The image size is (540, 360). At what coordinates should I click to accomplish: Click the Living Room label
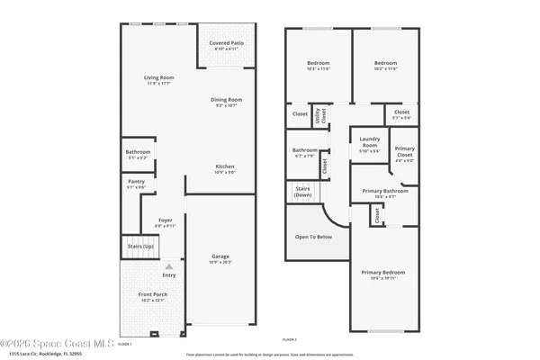tap(159, 78)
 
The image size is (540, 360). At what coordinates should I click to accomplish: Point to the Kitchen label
tap(225, 167)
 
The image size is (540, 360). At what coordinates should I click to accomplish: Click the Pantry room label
tap(136, 181)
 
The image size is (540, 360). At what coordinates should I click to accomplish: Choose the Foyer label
tap(166, 220)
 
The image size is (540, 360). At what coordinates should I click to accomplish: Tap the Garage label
tap(220, 256)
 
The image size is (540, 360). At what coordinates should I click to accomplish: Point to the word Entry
tap(169, 275)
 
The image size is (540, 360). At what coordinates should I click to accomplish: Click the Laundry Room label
tap(370, 141)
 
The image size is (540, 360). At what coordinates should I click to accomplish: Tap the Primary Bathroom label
tap(385, 192)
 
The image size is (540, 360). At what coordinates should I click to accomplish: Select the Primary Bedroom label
tap(383, 273)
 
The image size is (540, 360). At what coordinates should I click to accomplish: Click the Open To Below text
tap(314, 237)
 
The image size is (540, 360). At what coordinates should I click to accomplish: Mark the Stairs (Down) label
tap(302, 192)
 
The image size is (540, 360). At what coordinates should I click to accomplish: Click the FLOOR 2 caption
tap(289, 339)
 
